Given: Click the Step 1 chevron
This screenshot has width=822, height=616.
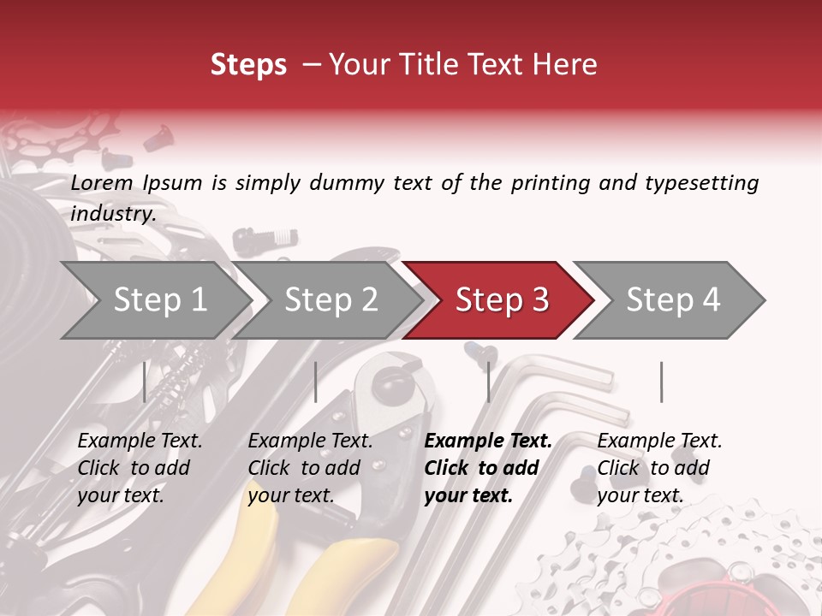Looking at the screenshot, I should (x=159, y=300).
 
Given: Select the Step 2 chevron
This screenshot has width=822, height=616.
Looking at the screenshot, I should (x=331, y=300).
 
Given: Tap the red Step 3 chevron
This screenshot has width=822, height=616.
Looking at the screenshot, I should (x=502, y=300).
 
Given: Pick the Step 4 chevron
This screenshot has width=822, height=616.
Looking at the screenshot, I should (x=673, y=300).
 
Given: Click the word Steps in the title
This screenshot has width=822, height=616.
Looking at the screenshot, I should (x=248, y=65).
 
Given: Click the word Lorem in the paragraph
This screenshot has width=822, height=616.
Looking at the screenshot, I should (x=102, y=183).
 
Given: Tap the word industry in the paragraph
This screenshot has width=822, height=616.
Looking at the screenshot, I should (x=113, y=214).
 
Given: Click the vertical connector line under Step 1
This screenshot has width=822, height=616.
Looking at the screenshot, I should (x=144, y=382).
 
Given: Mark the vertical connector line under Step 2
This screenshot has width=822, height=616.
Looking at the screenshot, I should (x=316, y=382).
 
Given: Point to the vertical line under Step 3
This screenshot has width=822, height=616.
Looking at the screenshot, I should (x=488, y=382).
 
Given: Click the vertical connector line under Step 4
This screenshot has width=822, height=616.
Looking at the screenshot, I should (x=661, y=382).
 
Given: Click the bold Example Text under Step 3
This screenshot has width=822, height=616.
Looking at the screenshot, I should (x=488, y=441).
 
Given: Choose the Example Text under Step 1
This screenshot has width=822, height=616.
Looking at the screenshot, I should (x=140, y=441).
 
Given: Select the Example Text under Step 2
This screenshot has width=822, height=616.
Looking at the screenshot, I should (x=310, y=441).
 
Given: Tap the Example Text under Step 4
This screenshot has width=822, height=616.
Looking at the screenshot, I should (x=659, y=441).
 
